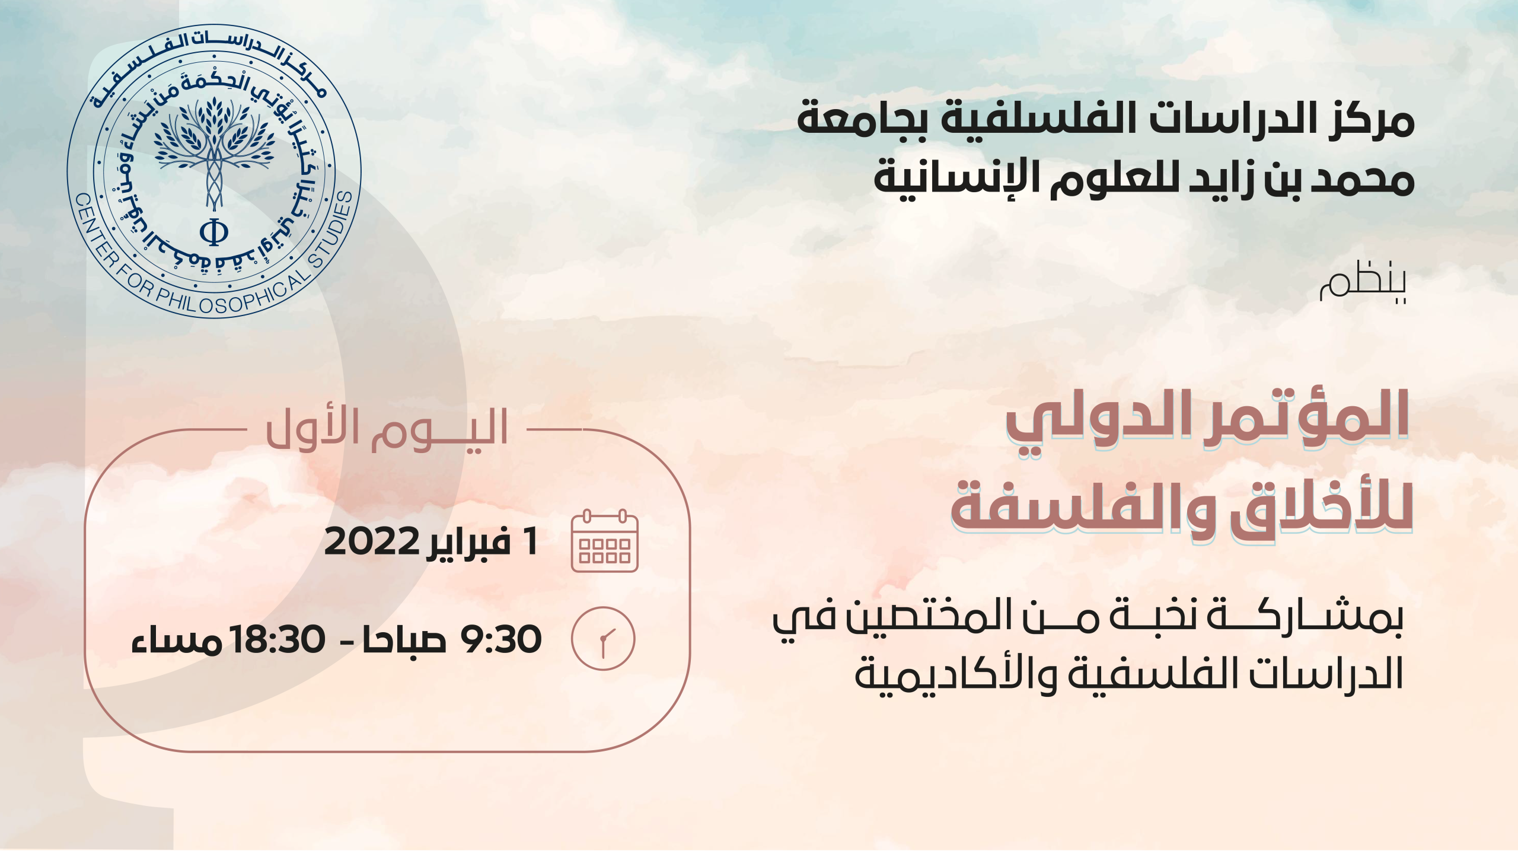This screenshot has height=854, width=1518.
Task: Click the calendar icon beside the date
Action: pos(604,540)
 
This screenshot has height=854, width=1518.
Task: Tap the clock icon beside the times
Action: pos(603,639)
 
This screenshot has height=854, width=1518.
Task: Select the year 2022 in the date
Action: pos(372,541)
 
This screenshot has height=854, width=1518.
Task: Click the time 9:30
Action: pos(501,639)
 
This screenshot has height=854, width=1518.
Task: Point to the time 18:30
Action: pos(278,639)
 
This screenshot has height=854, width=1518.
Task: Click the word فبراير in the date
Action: pos(468,541)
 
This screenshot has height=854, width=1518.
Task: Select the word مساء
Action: pos(177,640)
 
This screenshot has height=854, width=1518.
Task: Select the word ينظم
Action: pos(1363,282)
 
